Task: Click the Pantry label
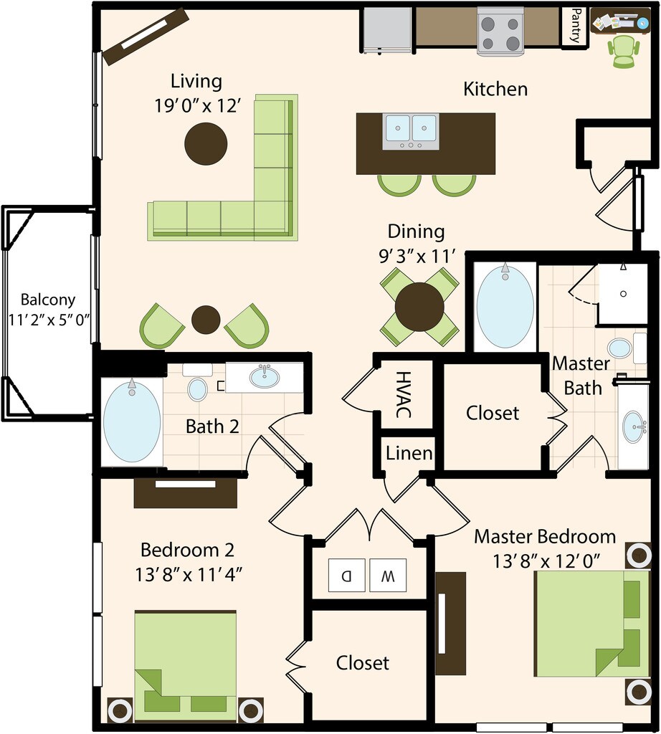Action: coord(575,27)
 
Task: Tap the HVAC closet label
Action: coord(404,395)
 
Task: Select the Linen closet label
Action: coord(409,453)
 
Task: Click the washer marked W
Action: coord(388,575)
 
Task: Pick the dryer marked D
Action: coord(346,575)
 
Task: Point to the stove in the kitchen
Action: coord(500,32)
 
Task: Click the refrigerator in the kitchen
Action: coord(387,29)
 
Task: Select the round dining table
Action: coord(419,307)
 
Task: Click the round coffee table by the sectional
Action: coord(206,143)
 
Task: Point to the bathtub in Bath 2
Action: coord(132,421)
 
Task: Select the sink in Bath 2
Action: coord(265,376)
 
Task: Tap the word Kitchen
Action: coord(495,89)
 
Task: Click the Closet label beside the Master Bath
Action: coord(493,413)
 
